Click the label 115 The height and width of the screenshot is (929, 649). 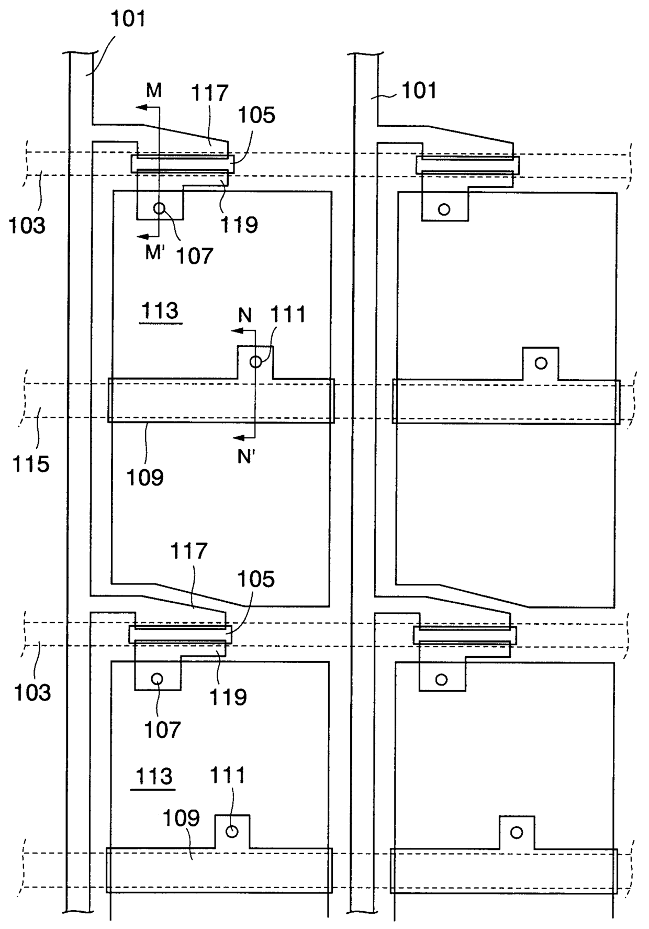coord(31,464)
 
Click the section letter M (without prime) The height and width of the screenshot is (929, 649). coord(153,91)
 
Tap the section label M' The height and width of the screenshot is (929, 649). coord(155,253)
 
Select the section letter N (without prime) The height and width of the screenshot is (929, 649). coord(245,315)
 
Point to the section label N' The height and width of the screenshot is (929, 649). coord(245,457)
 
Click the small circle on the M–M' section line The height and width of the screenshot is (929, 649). coord(159,208)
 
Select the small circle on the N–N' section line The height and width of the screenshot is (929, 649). coord(255,361)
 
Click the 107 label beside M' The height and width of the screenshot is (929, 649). coord(194,257)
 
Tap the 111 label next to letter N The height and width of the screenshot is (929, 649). coord(288,315)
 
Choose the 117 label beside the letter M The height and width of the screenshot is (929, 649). coord(209,93)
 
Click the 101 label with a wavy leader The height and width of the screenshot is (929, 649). coord(419,91)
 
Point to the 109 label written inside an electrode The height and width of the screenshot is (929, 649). coord(181,817)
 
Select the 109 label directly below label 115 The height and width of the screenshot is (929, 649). coord(145,477)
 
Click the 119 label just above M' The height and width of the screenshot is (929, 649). coord(239,225)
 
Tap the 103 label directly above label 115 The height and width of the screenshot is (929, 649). coord(27,226)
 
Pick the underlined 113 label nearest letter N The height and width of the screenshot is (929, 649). coord(160,311)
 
